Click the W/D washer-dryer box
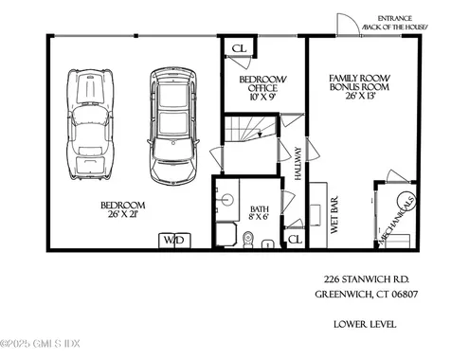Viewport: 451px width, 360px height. [174, 241]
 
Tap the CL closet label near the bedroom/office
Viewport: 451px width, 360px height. [239, 48]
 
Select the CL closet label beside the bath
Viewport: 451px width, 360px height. [295, 239]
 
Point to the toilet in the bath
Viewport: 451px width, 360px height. [248, 240]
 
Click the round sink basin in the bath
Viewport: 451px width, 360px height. [227, 200]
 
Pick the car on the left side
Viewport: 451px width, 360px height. [90, 124]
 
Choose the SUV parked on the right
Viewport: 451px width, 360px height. [173, 125]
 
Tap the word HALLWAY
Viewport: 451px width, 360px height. [298, 164]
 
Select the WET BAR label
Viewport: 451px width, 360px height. [334, 215]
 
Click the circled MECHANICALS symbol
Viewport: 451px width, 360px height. [406, 202]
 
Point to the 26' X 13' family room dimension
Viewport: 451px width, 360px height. [360, 96]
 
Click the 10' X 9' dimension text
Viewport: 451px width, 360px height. [262, 97]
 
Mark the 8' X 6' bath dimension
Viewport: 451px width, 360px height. [260, 217]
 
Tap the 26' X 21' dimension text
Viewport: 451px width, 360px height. [123, 214]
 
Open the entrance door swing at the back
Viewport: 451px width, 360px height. [348, 25]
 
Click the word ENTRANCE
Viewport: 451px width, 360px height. [394, 19]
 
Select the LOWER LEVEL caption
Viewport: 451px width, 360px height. [365, 324]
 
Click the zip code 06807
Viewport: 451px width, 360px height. [405, 295]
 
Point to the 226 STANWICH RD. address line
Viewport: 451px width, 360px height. [367, 279]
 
